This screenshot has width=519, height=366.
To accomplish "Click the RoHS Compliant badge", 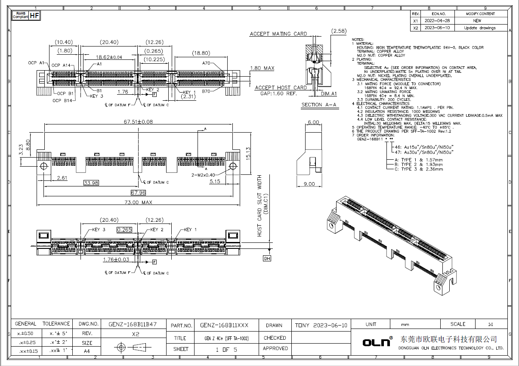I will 20,16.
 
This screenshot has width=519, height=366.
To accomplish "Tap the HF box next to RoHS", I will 35,16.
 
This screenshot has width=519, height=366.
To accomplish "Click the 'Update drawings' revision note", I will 479,28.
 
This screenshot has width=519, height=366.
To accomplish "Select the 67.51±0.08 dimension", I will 138,122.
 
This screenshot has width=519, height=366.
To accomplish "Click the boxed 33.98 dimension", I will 92,183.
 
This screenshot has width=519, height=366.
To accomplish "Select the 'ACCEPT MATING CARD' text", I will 278,34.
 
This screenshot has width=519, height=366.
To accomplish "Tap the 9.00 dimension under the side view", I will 309,184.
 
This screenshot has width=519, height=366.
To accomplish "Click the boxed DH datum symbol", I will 267,258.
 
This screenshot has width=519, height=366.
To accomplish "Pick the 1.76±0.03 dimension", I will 116,260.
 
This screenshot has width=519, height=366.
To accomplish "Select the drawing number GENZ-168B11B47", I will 132,324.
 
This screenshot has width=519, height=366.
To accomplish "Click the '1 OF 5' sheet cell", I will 226,349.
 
